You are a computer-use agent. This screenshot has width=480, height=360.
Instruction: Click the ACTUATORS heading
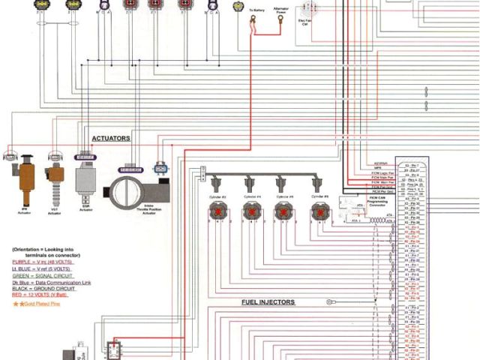tap(110, 139)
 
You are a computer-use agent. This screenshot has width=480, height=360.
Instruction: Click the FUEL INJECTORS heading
tap(268, 302)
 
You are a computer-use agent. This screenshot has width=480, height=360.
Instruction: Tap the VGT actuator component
tap(55, 180)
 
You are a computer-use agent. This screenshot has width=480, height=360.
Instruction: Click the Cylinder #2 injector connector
tap(218, 212)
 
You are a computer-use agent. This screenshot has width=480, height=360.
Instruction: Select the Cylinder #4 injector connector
tap(250, 212)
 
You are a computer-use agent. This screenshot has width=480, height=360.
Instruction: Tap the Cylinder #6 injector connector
tap(283, 212)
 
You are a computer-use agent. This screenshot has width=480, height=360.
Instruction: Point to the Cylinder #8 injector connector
tap(319, 212)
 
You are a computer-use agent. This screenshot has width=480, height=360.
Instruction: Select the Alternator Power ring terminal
tap(280, 21)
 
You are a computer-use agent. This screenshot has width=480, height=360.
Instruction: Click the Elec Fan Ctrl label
tap(306, 22)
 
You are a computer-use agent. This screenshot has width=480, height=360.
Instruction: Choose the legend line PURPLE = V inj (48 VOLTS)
tap(45, 262)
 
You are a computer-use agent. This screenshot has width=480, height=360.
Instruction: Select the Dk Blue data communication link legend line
tap(50, 282)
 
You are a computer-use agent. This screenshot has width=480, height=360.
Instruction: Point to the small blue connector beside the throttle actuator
tap(160, 167)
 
